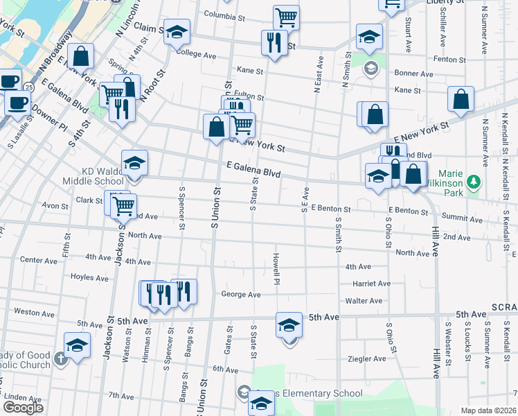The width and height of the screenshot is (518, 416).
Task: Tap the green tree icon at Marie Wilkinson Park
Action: tap(474, 182)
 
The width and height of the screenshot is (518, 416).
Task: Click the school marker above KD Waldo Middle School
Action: tap(134, 164)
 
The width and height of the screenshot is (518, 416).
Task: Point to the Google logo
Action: tap(23, 408)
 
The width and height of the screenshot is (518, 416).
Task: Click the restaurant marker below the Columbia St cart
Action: tap(274, 43)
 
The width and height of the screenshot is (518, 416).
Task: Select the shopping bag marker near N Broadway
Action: tap(81, 58)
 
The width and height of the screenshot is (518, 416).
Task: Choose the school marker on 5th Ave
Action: tap(289, 324)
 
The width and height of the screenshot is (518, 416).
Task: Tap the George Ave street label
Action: tap(240, 295)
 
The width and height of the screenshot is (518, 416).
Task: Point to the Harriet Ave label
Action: tap(372, 284)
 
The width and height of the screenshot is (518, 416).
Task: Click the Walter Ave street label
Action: tap(364, 301)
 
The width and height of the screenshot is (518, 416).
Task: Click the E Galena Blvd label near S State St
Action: tap(253, 168)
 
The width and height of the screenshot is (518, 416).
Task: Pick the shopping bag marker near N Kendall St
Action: tap(461, 99)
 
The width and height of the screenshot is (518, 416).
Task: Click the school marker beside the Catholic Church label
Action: tap(77, 345)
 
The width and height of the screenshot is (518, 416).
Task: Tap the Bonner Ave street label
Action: tap(413, 73)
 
